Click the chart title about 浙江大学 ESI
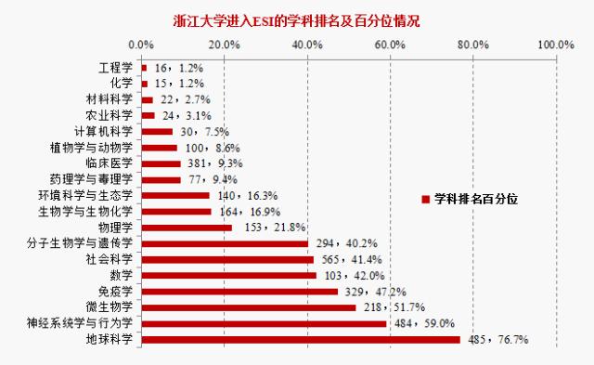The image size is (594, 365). point(297,20)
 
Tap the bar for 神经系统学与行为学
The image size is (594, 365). point(264,324)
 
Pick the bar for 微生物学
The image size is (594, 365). point(248,307)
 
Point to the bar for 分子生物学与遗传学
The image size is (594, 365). point(224,243)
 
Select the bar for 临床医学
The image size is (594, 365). point(160,163)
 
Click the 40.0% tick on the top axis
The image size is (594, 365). point(306,44)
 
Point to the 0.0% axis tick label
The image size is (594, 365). point(141,44)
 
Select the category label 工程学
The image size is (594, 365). point(116,68)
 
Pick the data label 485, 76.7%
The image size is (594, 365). point(497,340)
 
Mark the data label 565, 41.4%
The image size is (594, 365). point(350,259)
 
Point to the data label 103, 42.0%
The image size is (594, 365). point(353,276)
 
